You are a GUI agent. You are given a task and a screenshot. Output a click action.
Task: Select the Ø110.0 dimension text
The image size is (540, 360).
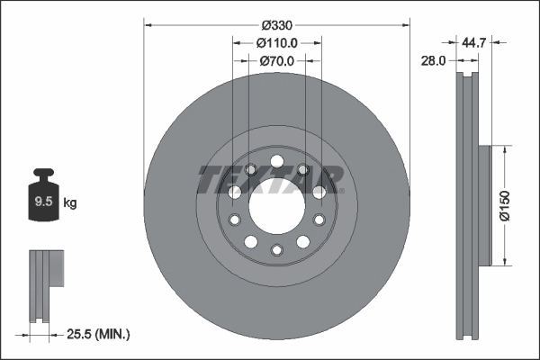tap(277, 43)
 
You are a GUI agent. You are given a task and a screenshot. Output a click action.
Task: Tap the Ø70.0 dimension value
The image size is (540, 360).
tap(277, 61)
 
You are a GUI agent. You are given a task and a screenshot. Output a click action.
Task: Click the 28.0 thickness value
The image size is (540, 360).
tap(435, 61)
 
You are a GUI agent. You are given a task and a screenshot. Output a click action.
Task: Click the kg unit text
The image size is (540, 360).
tap(70, 203)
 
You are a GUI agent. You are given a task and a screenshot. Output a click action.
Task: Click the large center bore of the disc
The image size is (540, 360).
tap(277, 207)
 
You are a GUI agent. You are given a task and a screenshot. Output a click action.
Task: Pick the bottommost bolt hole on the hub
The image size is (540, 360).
tap(277, 250)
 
